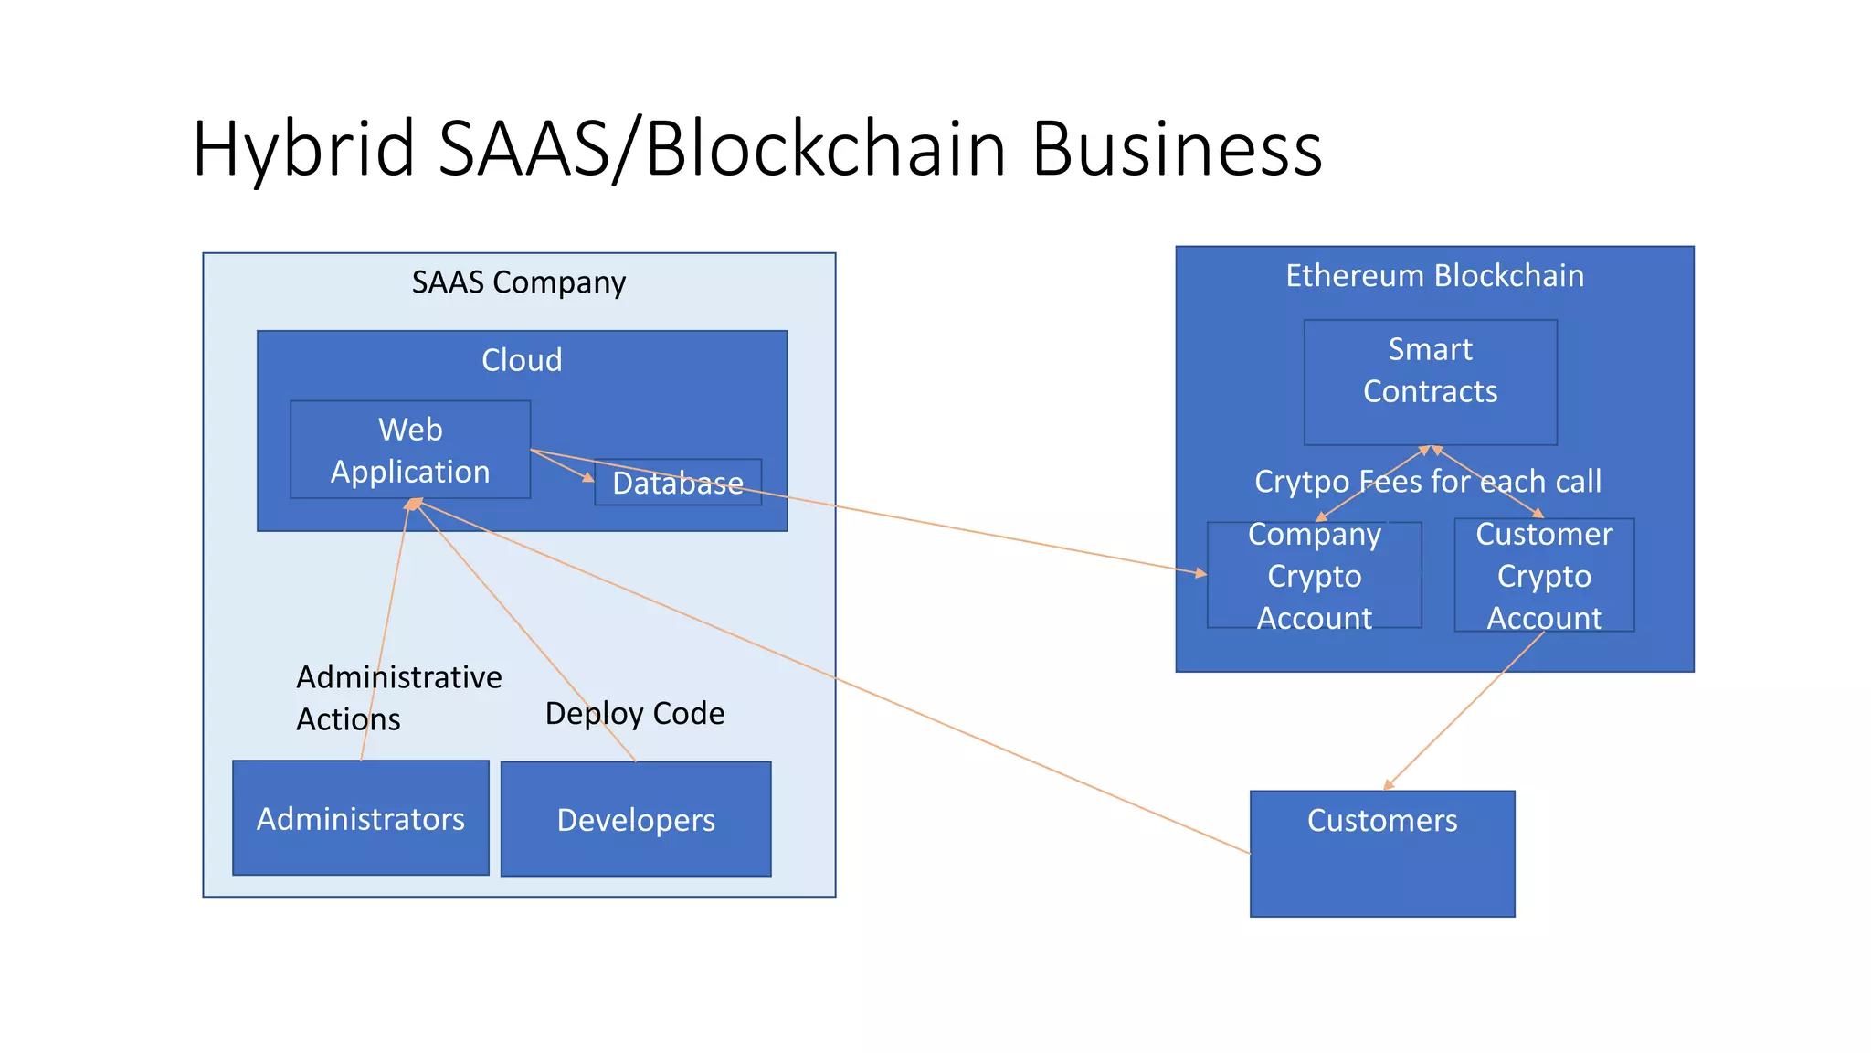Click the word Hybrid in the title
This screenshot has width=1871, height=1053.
click(x=304, y=149)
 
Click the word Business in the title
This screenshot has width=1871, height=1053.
click(x=1176, y=149)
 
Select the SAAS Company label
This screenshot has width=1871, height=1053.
click(x=518, y=282)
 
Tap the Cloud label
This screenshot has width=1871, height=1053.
click(x=522, y=360)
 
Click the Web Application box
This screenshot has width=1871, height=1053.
click(x=410, y=450)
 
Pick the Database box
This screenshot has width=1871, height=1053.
click(x=677, y=483)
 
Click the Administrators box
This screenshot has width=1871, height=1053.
click(x=360, y=819)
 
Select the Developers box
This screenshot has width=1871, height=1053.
click(x=636, y=820)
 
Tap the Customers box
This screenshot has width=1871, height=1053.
click(x=1381, y=854)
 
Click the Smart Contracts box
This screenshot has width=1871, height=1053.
click(x=1430, y=381)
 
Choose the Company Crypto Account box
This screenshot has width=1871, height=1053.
click(x=1314, y=576)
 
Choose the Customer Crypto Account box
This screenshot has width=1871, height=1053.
click(x=1544, y=576)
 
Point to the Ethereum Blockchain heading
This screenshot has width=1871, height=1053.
click(x=1434, y=275)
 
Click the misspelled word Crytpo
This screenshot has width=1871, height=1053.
click(x=1302, y=481)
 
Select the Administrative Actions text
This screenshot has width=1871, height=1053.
click(x=398, y=697)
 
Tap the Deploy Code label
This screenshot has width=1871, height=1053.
click(x=634, y=713)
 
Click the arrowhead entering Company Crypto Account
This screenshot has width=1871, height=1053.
click(x=1201, y=573)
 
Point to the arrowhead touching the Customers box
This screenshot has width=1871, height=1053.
click(x=1389, y=784)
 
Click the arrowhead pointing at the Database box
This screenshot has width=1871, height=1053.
click(x=588, y=477)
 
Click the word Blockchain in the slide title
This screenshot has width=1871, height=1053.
click(x=826, y=149)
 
